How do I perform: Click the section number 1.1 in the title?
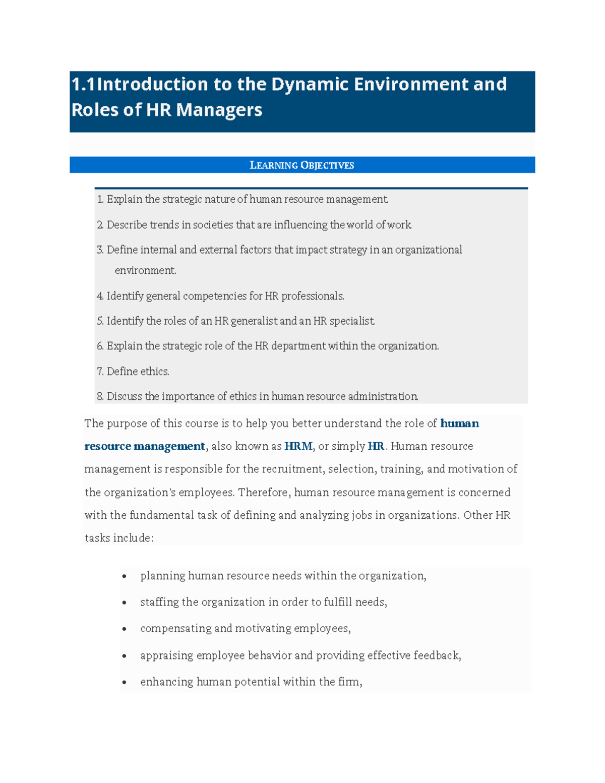click(x=83, y=84)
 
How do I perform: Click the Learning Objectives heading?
click(x=302, y=165)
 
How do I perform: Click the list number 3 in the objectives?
click(x=99, y=250)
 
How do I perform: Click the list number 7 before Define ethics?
click(x=99, y=372)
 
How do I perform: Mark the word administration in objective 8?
click(x=382, y=397)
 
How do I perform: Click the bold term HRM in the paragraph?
click(x=298, y=447)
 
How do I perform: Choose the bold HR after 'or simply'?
click(x=376, y=447)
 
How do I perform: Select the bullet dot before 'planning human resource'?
click(x=124, y=576)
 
